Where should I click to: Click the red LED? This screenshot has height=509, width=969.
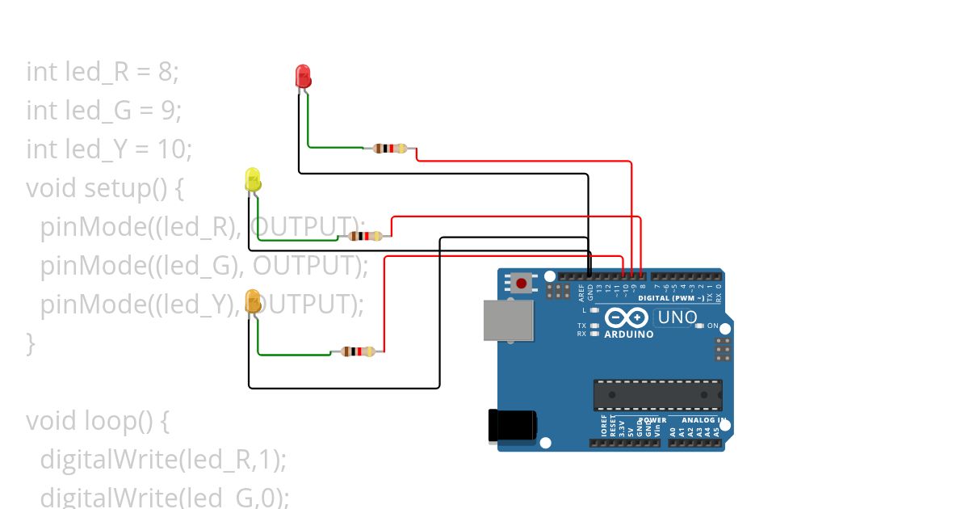point(304,77)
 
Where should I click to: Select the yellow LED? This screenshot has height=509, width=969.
point(253,179)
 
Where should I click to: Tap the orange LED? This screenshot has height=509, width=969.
point(253,301)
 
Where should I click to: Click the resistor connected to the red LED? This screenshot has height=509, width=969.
point(390,148)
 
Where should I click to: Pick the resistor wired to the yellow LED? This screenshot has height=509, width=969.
point(365,236)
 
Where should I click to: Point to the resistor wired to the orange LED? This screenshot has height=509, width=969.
point(358,351)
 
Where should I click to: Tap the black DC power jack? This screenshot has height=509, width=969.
point(512,426)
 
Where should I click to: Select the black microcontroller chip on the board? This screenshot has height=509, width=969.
point(657,394)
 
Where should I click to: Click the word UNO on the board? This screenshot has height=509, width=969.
point(677,318)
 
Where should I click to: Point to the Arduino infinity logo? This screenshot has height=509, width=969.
point(627,318)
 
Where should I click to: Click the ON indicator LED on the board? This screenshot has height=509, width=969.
point(699,326)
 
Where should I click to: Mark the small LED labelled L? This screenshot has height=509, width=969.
point(594,310)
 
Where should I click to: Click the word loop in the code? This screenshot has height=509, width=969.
point(107,421)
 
